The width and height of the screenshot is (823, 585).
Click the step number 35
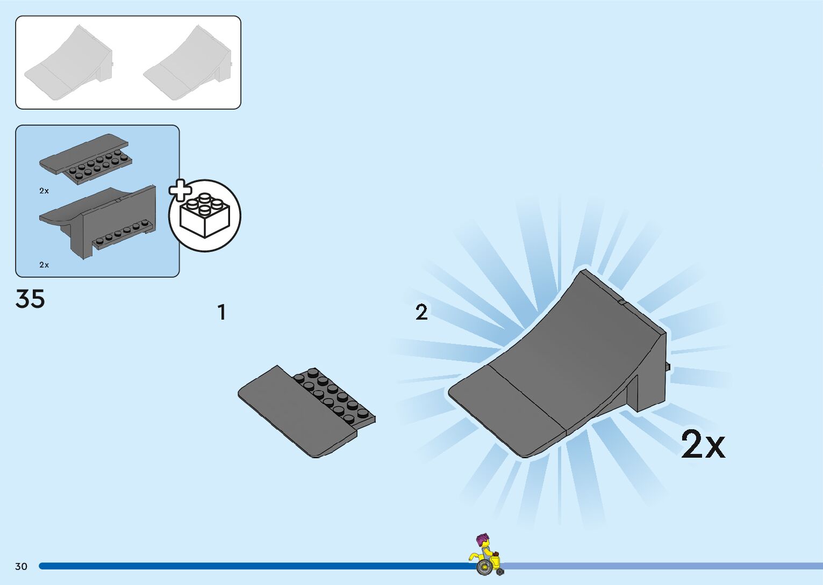coord(30,299)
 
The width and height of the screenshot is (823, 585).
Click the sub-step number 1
coord(221,313)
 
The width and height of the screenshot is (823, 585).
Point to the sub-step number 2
coord(421,313)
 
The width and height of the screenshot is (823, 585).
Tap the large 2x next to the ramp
coord(703,445)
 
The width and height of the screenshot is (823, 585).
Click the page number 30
coord(21,566)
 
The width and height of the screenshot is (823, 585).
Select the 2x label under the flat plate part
coord(44,191)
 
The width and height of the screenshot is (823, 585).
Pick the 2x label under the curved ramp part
coord(44,265)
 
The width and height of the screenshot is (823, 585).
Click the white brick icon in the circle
coord(205,216)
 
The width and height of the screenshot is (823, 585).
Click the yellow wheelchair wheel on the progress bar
coord(483,566)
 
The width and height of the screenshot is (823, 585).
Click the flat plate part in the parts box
coord(85,156)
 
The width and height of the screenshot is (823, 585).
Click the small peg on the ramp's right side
coord(668,367)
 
